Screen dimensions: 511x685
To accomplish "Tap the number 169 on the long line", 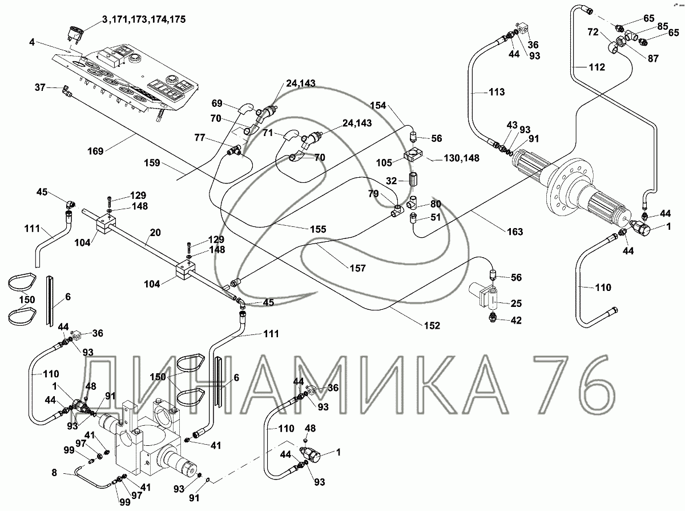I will coord(96,151).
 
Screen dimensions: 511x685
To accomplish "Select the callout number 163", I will coord(514,231).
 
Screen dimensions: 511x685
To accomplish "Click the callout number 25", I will coord(517,303).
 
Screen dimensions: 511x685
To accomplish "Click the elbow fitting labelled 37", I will coord(65,90).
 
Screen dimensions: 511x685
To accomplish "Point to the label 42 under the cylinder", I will coord(515,321).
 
